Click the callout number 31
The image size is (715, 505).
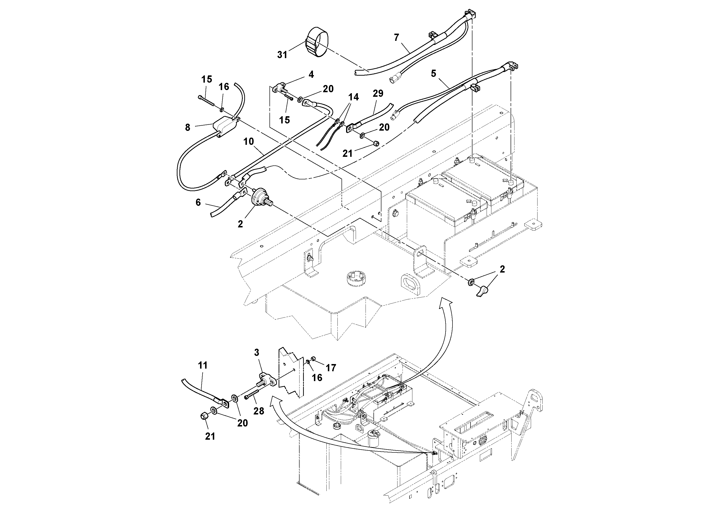[282, 55]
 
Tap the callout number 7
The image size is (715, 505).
[396, 38]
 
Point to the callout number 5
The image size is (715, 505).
[434, 73]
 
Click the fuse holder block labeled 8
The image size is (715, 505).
[224, 126]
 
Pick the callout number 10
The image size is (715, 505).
[249, 142]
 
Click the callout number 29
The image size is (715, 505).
[378, 93]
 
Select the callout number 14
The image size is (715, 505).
[354, 97]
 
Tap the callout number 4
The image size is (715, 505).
[311, 74]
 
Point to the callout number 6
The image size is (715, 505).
[198, 203]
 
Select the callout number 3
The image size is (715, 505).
[257, 353]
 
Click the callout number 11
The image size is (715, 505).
[202, 365]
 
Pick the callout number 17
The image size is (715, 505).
[331, 368]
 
